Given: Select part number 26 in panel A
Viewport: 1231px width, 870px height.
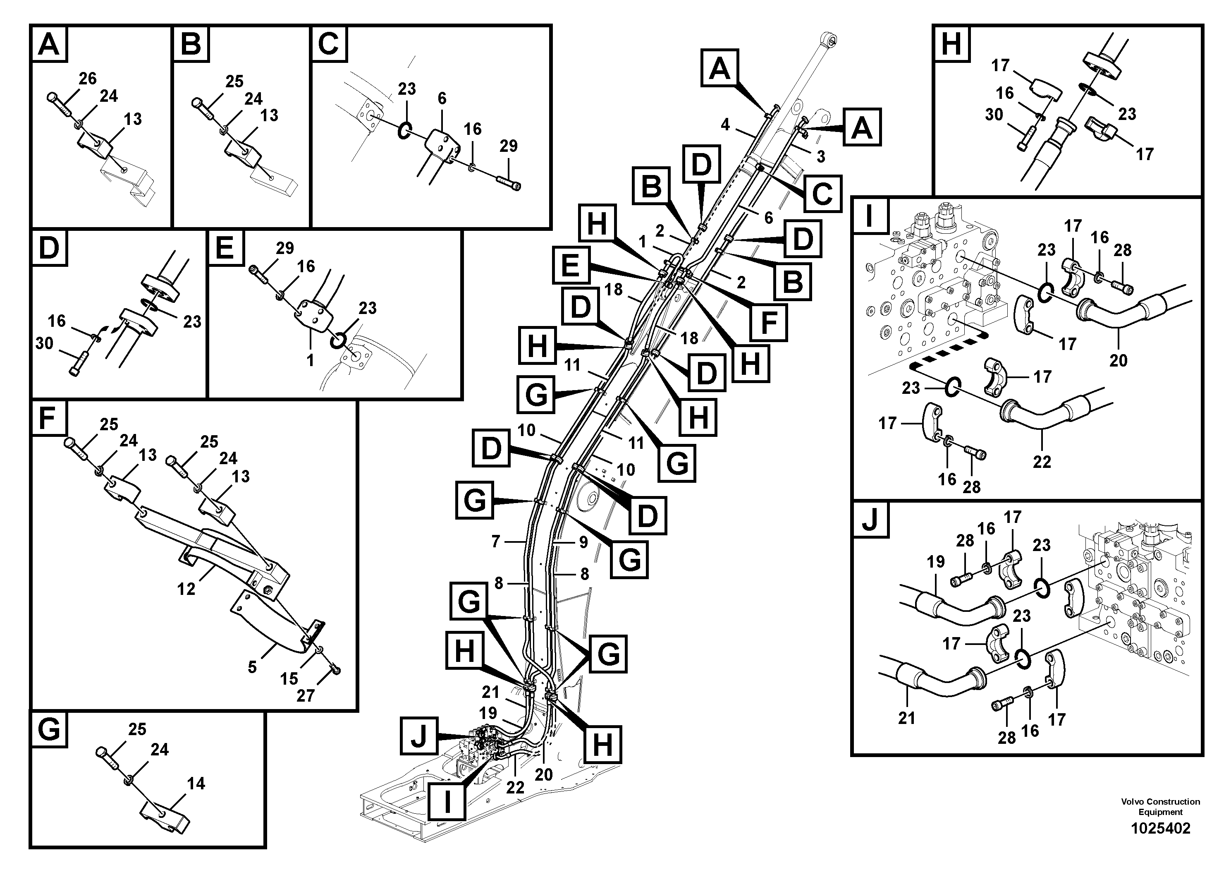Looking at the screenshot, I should click(x=87, y=79).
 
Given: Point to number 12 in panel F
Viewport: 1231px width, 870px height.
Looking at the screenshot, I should click(x=186, y=589).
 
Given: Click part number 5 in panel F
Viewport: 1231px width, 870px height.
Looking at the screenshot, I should click(x=252, y=667).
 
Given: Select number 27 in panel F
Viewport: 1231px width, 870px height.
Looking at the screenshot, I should click(x=305, y=696).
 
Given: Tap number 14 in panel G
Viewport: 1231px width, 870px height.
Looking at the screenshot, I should click(x=196, y=784).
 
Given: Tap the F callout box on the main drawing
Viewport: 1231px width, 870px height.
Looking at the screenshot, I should click(x=768, y=322).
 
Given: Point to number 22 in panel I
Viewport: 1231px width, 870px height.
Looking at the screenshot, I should click(x=1041, y=461).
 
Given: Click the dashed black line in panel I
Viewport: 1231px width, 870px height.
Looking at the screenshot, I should click(x=949, y=357).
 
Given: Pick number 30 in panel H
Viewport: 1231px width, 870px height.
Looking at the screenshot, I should click(x=994, y=114).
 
